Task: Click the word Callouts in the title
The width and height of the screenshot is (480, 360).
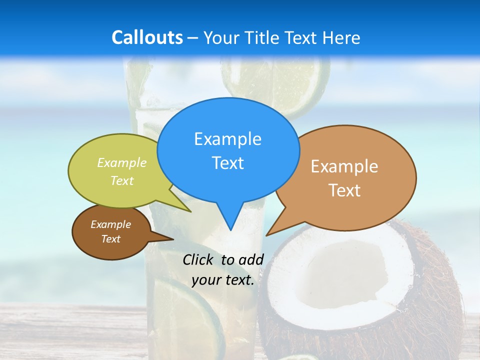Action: coord(147,37)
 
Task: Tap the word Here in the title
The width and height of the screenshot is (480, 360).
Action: coord(341,37)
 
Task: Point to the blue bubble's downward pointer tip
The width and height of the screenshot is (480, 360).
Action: coord(230,229)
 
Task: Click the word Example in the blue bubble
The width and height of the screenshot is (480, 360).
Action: coord(227,139)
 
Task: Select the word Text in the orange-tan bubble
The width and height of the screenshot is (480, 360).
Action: coord(344,190)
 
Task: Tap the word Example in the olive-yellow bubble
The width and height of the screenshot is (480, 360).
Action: coord(122,162)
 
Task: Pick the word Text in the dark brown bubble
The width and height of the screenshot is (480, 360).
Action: coord(111,239)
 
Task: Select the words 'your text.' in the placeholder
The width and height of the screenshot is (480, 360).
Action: coord(223,280)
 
